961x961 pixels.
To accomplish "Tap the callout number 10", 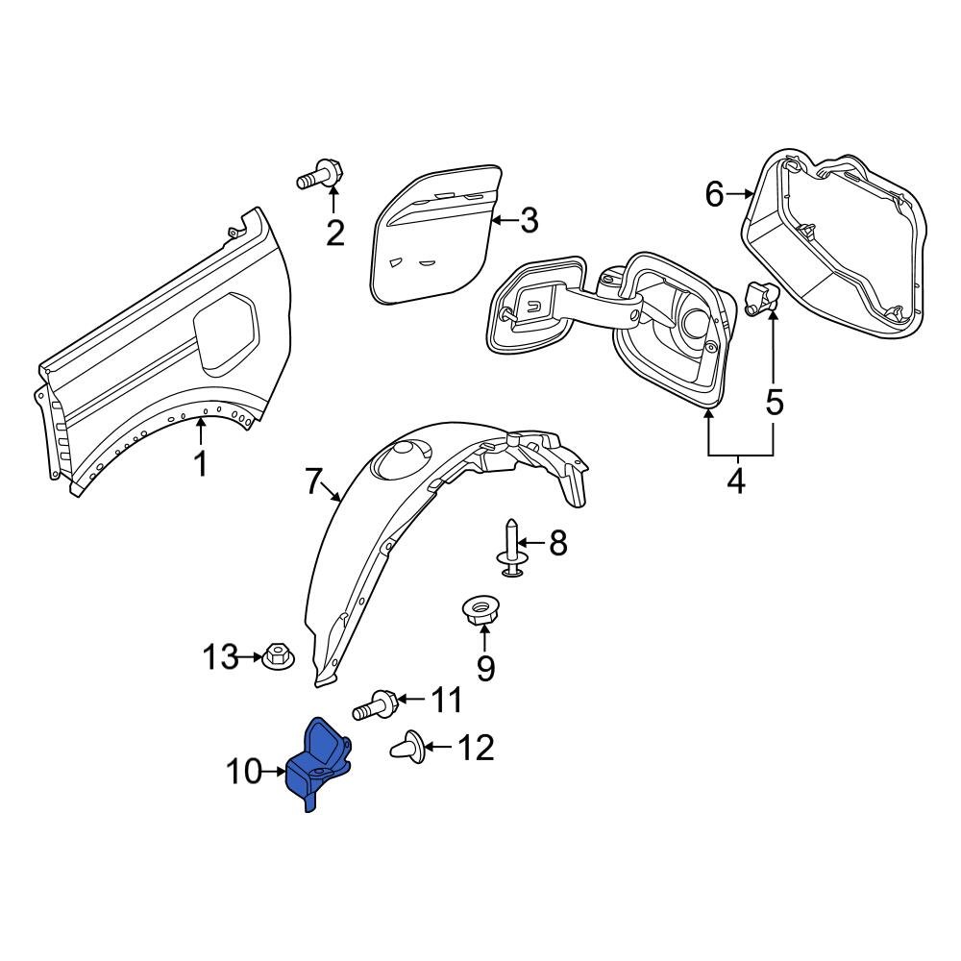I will [244, 771].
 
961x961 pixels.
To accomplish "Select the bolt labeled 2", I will [321, 177].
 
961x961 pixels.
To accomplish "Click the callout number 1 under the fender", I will [201, 464].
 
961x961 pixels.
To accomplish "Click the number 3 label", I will [530, 221].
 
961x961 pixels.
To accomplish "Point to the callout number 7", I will [312, 482].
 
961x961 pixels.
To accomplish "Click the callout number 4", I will [735, 480].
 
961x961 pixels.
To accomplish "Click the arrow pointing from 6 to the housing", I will [740, 194].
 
